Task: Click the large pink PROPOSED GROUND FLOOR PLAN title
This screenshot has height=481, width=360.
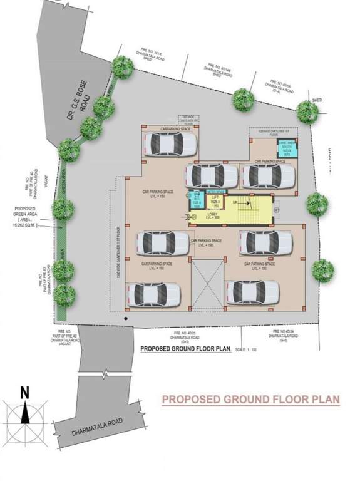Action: point(250,399)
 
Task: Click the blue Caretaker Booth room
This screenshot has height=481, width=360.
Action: point(287,148)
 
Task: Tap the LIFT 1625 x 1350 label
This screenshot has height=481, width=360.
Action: point(215,201)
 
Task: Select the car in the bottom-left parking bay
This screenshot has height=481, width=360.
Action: point(154,294)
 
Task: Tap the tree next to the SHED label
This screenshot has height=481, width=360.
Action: point(308,112)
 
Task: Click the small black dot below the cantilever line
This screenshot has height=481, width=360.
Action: point(126,319)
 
